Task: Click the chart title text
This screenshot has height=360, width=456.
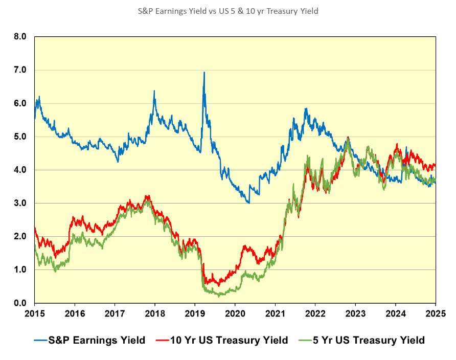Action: tap(227, 11)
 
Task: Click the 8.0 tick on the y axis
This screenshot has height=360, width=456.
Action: tap(20, 37)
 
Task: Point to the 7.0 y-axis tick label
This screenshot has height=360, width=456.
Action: tap(20, 70)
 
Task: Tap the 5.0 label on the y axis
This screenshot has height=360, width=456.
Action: tap(20, 137)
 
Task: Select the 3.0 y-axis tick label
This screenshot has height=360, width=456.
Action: tap(20, 203)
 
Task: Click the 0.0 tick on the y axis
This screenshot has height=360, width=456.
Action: tap(20, 303)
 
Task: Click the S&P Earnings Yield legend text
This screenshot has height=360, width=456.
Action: tap(96, 340)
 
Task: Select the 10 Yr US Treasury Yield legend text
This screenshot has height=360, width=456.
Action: tap(230, 340)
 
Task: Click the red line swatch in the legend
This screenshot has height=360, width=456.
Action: tap(162, 340)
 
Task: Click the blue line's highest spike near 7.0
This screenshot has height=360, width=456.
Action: tap(204, 73)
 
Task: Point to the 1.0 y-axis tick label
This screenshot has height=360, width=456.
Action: tap(20, 269)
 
